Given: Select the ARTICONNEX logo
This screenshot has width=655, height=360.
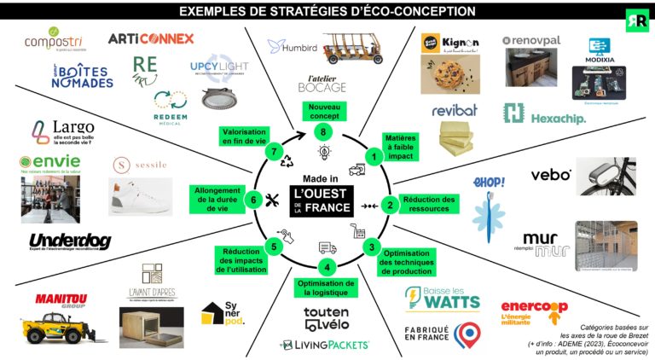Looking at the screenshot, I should coord(151,38).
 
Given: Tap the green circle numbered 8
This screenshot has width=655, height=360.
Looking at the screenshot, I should coord(322,131).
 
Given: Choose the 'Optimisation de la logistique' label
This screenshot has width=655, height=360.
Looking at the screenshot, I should coord(324,287).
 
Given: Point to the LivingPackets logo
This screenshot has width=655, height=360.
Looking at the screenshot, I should coord(324,345).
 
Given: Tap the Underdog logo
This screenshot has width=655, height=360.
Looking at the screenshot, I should coord(69,242).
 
